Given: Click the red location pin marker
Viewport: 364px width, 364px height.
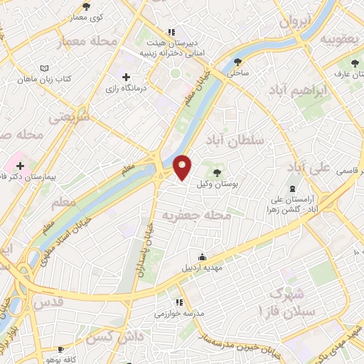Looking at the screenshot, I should pyautogui.click(x=183, y=166).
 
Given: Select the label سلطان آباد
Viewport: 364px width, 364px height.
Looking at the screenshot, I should pyautogui.click(x=234, y=140).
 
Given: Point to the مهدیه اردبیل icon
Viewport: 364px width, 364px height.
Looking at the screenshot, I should pyautogui.click(x=203, y=257).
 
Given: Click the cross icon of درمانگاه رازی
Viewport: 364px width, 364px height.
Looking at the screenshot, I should pyautogui.click(x=127, y=77).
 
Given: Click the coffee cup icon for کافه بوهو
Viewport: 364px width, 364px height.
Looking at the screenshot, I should pyautogui.click(x=60, y=349).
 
